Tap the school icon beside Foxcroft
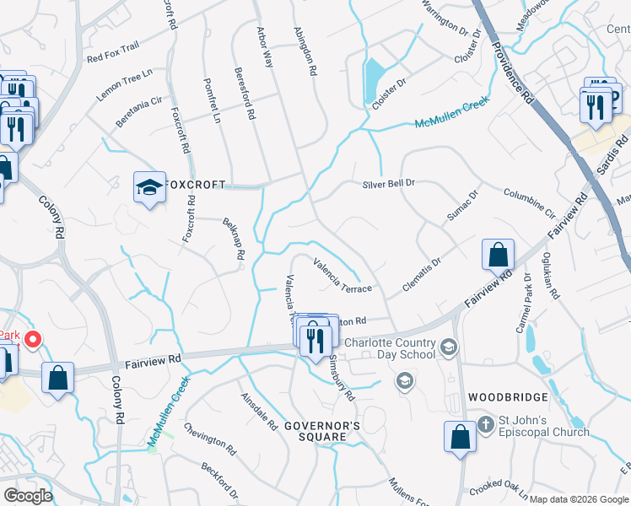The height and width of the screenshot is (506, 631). click(x=149, y=188)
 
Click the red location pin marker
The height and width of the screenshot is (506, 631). click(x=33, y=340)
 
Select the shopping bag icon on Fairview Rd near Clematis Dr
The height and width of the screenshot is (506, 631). click(x=498, y=253)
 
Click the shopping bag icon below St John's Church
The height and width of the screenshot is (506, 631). click(x=460, y=436)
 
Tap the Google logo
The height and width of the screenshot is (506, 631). click(x=28, y=496)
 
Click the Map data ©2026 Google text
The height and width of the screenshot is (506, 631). click(x=578, y=499)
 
